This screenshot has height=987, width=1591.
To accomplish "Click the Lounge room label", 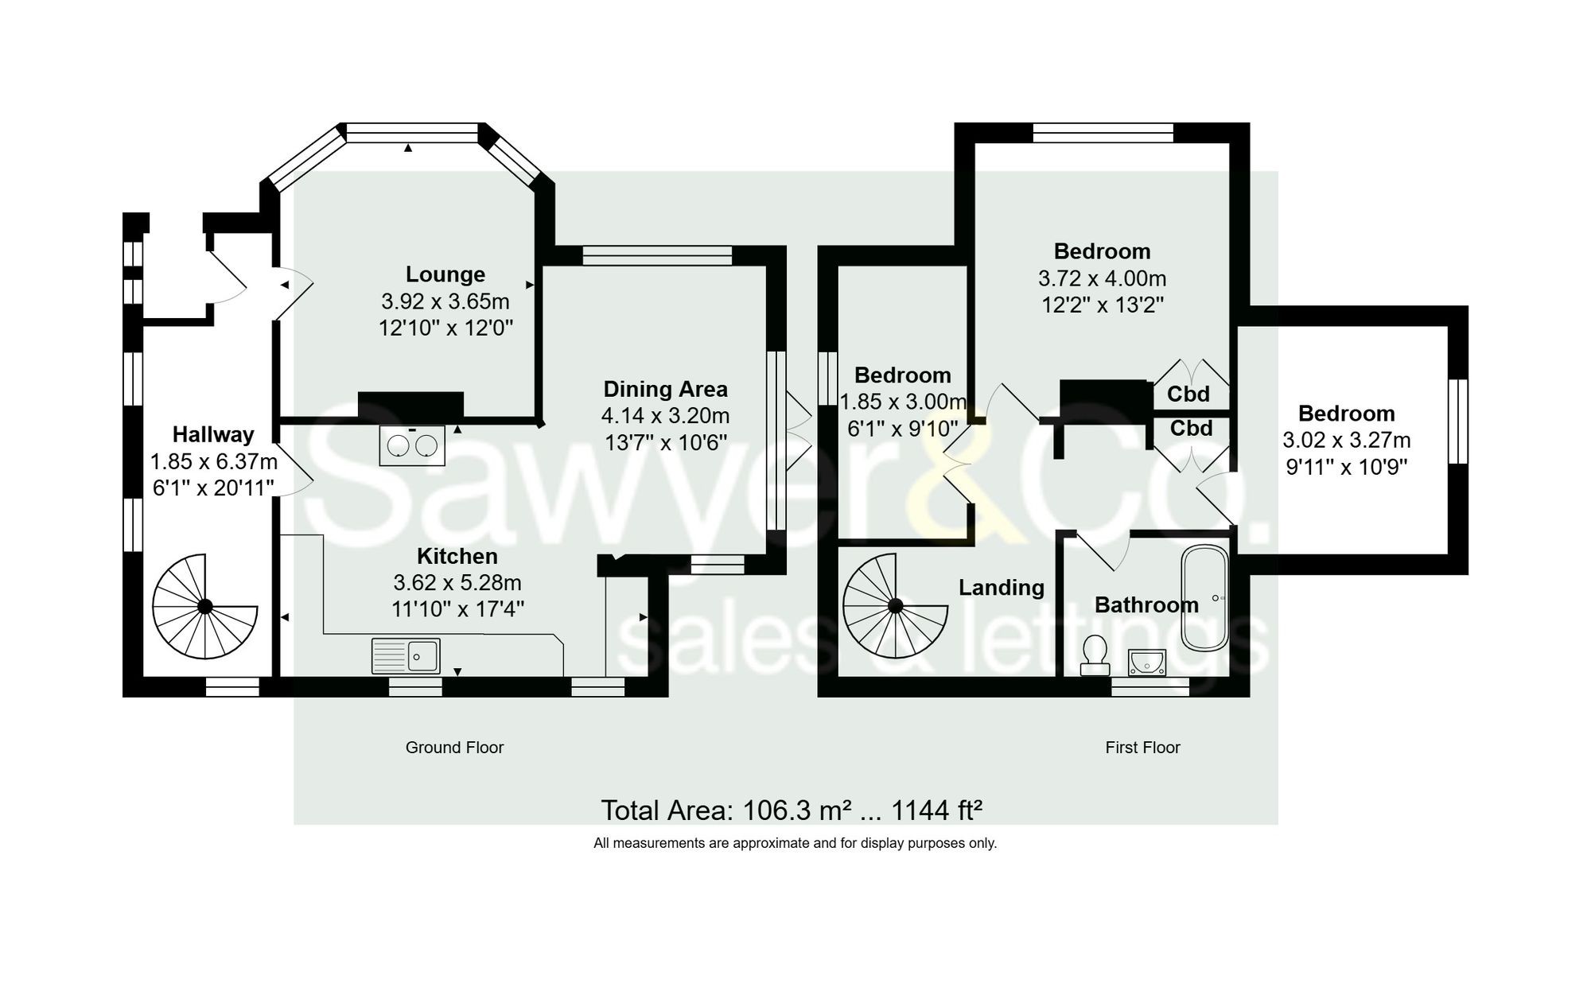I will tap(445, 274).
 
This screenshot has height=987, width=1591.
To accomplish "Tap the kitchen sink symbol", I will tap(406, 655).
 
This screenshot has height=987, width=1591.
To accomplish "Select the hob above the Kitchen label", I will tap(412, 446).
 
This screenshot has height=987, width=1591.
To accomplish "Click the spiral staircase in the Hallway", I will tap(204, 607).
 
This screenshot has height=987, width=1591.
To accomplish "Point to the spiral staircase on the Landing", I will tap(896, 606).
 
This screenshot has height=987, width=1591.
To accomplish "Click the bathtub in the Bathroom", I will tap(1206, 598).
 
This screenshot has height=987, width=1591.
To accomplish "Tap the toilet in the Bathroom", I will tap(1095, 655).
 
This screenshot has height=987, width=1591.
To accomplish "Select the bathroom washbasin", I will tap(1146, 662).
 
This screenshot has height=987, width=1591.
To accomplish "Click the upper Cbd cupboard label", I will tap(1188, 394).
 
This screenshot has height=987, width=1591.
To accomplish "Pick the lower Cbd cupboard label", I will tap(1191, 429).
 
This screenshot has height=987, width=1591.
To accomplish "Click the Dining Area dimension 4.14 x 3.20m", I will tap(665, 416).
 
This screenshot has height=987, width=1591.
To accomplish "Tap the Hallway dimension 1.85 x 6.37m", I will tap(213, 462).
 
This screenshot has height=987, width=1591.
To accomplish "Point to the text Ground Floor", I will tap(454, 748).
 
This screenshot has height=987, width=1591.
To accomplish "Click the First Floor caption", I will tap(1142, 748).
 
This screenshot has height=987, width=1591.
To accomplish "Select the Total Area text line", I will tap(791, 810).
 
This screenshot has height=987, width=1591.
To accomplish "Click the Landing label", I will tap(1001, 588).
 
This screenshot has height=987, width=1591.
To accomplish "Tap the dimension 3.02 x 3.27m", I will tap(1346, 440).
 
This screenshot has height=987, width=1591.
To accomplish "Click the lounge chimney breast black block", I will tap(410, 405).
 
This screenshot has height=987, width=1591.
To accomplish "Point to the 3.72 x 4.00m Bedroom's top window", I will tap(1103, 133).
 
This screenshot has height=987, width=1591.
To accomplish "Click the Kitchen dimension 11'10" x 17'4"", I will tap(457, 609).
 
